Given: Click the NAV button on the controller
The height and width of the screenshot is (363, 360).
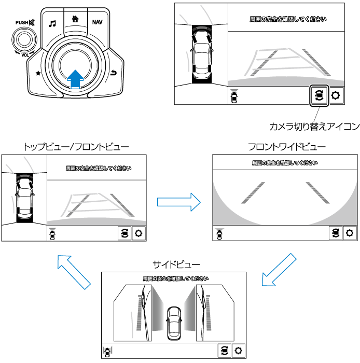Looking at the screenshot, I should point(97,22).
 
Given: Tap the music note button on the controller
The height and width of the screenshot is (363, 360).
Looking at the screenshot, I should point(52,23).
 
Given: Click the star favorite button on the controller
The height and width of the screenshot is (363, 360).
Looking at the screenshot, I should point(38,73).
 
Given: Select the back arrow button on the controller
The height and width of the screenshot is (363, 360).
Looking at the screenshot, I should point(114,74).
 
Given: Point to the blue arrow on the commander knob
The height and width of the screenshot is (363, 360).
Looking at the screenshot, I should point(76,79).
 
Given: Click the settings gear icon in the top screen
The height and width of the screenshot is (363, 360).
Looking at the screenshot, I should point(336,95).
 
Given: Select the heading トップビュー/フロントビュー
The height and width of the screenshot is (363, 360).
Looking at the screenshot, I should point(76,147).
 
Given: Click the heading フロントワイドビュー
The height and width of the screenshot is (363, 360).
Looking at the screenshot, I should point(287,147).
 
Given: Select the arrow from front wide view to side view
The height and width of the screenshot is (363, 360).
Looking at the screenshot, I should point(277,269).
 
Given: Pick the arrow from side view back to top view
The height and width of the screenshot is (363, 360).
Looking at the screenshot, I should point(72,271).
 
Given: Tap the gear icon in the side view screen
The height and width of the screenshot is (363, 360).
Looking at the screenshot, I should point(239,350).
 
